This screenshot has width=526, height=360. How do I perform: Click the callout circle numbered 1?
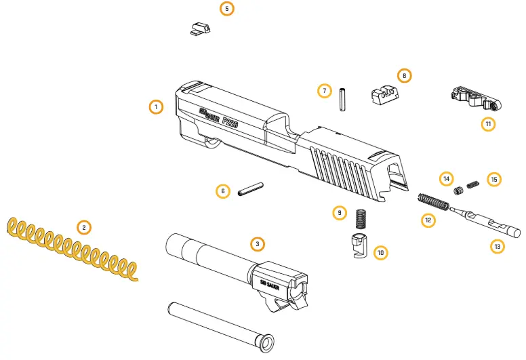pos(156,107)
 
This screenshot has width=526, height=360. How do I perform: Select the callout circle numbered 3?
pos(257,243)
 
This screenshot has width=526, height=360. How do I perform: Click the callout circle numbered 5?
pos(227,9)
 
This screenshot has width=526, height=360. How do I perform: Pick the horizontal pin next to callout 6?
pos(251,191)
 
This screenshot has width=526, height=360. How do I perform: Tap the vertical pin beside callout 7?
pos(343,96)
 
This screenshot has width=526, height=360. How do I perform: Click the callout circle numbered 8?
pos(404,75)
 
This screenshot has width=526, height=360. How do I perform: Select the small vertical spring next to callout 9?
pos(361,218)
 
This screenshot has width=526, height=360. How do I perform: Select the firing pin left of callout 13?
pos(485,222)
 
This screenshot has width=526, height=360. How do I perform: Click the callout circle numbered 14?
pos(445,179)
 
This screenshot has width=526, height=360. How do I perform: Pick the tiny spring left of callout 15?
pos(474,182)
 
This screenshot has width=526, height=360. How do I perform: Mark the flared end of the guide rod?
pos(264,342)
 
